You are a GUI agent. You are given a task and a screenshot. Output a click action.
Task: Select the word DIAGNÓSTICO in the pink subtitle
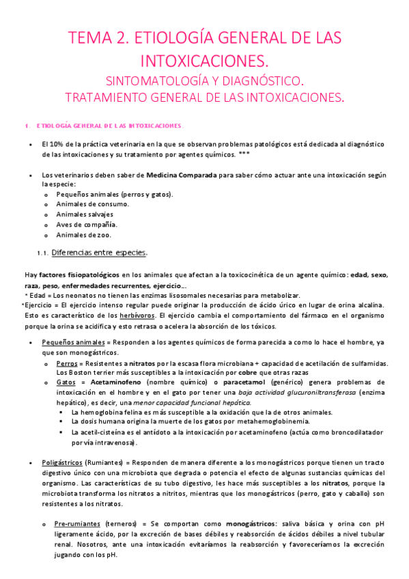[x=262, y=79]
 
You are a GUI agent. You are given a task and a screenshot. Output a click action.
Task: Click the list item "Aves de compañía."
[x=87, y=225]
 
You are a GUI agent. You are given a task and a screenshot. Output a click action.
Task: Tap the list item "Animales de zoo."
[x=86, y=235]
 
